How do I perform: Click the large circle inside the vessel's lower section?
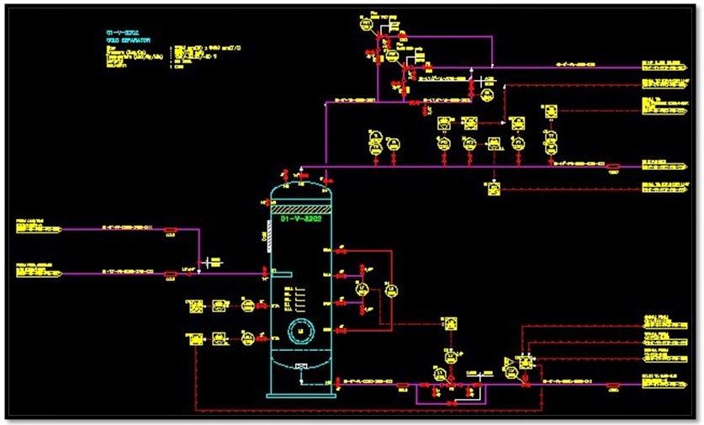coord(299,328)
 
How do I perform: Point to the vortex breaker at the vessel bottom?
coord(300,365)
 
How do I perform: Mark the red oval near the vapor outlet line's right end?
coord(613,166)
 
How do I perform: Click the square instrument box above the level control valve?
coord(451,323)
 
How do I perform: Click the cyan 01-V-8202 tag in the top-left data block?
coord(114,31)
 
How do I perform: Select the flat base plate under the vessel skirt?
coord(300,394)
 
